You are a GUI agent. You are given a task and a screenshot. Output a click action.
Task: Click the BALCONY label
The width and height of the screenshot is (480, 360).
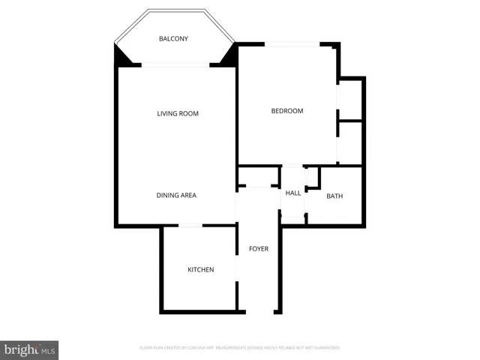173,39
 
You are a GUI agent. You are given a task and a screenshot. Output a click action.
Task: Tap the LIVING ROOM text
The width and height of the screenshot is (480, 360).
178,114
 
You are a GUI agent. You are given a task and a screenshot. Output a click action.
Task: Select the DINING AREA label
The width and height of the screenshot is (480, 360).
176,196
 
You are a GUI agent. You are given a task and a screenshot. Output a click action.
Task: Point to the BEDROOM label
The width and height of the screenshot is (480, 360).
286,112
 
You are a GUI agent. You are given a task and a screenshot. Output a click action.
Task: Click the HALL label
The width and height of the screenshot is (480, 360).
292,193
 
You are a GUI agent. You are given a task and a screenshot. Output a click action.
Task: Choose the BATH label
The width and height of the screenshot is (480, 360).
334,196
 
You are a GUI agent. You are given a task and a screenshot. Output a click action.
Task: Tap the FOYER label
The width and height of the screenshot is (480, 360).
259,249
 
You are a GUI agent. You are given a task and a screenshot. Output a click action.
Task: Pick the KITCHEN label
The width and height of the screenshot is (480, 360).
200,270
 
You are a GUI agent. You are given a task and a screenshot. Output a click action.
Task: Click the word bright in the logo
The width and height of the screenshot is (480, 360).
21,350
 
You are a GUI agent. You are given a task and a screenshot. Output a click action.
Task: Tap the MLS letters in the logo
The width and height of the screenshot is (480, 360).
48,351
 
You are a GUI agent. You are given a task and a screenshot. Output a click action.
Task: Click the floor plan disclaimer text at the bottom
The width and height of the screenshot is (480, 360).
240,348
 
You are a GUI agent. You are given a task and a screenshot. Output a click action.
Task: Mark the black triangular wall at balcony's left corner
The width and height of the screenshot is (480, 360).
121,57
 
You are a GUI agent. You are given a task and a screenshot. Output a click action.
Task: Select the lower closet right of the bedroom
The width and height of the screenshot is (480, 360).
349,142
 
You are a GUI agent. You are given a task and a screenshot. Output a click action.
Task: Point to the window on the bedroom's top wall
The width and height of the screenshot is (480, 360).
294,43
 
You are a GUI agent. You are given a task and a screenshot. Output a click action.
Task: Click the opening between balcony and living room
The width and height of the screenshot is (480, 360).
175,65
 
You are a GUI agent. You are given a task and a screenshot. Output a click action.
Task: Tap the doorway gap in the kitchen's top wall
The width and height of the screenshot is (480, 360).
190,225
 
